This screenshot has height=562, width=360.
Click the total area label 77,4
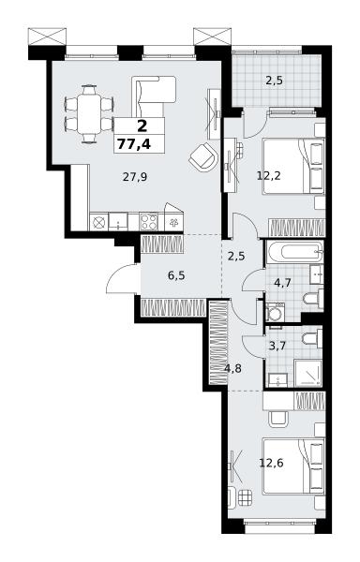point(134,144)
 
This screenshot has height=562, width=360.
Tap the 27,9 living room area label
point(135,177)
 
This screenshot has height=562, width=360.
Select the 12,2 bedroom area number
point(269,176)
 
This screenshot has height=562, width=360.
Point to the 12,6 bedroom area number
point(272,464)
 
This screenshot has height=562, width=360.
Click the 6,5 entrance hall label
point(177,275)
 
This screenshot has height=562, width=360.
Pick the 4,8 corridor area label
point(233,368)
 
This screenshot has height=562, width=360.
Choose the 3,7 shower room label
point(277,347)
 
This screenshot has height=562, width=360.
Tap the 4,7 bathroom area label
point(282,283)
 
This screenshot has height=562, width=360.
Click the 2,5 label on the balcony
point(274,81)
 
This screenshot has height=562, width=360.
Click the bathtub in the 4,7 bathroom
point(294,252)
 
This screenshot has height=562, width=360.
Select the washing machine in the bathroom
point(276,312)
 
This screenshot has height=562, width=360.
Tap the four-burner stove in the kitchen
point(149,221)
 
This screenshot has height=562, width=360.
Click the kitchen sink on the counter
point(118,221)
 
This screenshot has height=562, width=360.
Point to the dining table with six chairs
point(89,114)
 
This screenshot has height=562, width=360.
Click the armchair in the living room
point(203,156)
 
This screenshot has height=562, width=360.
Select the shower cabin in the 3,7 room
point(308,373)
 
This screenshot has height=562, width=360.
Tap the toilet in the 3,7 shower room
point(312,339)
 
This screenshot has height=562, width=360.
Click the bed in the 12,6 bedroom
point(293,466)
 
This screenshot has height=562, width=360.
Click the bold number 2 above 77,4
point(142,126)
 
